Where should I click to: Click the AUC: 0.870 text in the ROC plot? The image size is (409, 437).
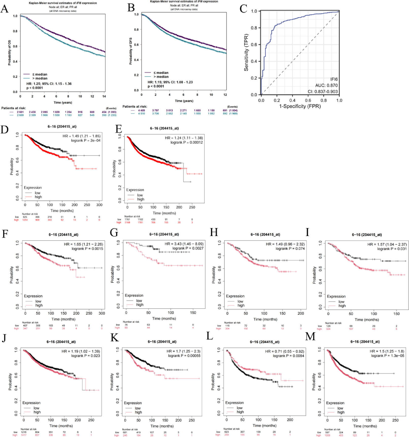(326, 85)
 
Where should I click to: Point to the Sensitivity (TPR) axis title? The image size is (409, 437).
(246, 52)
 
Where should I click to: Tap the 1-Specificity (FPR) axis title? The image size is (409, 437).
(300, 106)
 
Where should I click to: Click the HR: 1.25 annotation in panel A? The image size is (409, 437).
(49, 84)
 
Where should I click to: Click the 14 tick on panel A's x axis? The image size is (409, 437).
(104, 96)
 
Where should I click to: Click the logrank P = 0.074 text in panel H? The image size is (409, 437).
(290, 248)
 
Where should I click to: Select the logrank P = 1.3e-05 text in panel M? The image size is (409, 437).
(387, 356)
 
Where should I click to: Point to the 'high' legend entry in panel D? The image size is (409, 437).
(38, 197)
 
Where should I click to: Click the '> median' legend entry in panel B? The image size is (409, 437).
(161, 77)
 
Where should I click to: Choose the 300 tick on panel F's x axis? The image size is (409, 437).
(102, 313)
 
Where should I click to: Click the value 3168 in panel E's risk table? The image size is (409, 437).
(127, 222)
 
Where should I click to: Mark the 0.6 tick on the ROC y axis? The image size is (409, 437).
(254, 44)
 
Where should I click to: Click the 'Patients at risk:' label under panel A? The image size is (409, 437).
(13, 108)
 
